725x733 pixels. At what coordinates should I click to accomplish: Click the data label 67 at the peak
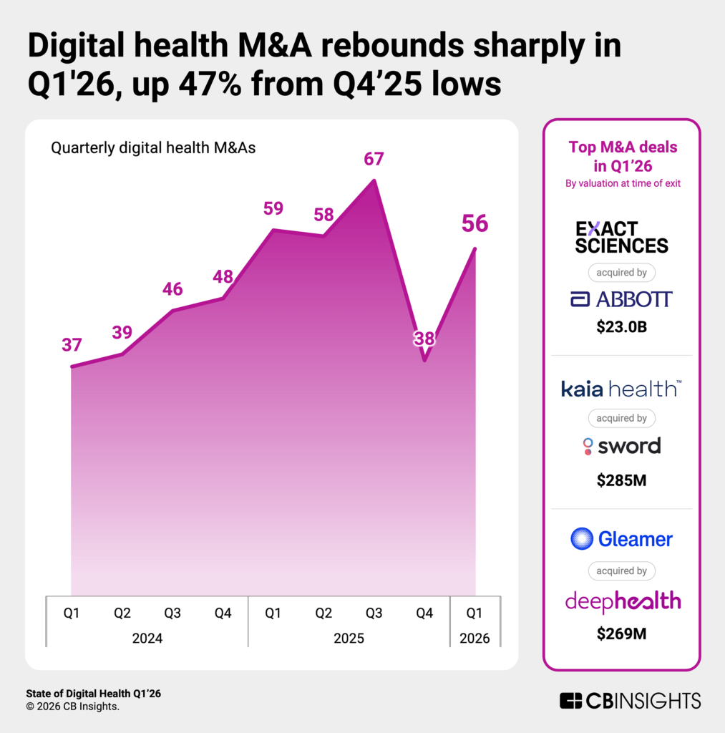click(x=374, y=159)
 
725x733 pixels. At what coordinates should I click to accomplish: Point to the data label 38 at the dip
click(x=424, y=339)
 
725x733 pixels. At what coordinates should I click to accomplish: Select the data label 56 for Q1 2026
click(x=475, y=224)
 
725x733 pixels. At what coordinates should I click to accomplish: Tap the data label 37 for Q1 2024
click(x=72, y=344)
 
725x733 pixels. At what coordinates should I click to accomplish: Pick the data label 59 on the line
click(x=273, y=209)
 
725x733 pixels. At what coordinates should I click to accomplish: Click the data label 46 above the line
click(x=172, y=289)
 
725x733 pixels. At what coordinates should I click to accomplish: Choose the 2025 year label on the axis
click(x=349, y=638)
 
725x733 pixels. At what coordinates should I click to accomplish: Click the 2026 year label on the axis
click(x=475, y=638)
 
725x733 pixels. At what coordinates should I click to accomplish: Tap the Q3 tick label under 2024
click(x=172, y=613)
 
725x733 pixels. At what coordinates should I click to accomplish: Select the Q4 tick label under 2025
click(x=424, y=613)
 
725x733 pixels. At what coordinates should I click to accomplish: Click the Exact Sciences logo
click(x=621, y=237)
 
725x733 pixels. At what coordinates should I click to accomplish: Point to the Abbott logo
click(x=621, y=299)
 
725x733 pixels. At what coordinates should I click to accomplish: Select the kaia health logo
click(x=621, y=389)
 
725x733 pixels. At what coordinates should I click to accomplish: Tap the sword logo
click(x=621, y=446)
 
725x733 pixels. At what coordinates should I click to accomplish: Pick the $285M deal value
click(x=621, y=480)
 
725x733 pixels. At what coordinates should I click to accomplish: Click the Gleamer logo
click(x=621, y=539)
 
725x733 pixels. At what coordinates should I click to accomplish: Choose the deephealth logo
click(x=621, y=601)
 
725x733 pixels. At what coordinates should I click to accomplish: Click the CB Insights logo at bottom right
click(x=630, y=700)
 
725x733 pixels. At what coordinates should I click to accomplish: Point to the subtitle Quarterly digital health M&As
click(x=153, y=149)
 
